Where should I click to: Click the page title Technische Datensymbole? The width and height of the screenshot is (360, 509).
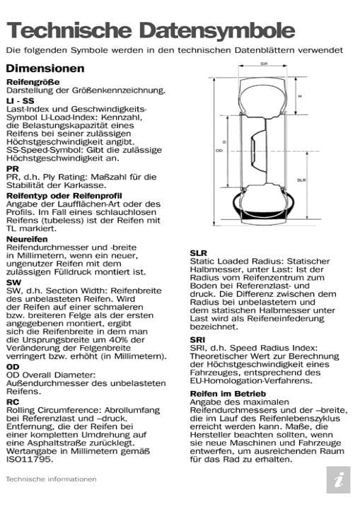[x=150, y=30]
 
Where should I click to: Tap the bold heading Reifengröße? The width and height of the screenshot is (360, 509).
[x=33, y=83]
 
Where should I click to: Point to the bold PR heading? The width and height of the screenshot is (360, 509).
[x=12, y=169]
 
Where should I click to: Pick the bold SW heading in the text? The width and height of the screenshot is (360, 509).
[x=13, y=281]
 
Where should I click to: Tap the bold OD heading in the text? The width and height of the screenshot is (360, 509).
[x=13, y=367]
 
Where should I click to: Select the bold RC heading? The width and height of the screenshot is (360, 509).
[x=13, y=400]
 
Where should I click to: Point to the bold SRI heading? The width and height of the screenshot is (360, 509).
[x=197, y=340]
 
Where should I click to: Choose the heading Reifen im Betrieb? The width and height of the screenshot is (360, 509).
[x=228, y=393]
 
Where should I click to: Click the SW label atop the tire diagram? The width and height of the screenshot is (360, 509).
[x=263, y=64]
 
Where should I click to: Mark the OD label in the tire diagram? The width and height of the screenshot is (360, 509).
[x=219, y=151]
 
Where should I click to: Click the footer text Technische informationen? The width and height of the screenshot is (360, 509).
[x=51, y=479]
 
